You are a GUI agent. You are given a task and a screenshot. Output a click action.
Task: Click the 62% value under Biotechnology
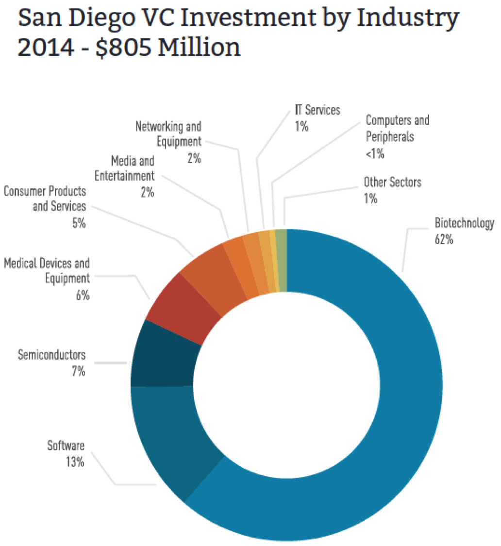tap(444, 239)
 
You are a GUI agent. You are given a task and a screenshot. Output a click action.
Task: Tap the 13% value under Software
tap(75, 462)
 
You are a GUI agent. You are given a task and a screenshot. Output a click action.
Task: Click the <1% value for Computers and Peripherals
tap(375, 154)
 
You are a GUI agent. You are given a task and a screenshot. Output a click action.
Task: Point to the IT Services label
tap(317, 110)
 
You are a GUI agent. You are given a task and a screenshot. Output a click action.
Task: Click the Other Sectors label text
tap(392, 182)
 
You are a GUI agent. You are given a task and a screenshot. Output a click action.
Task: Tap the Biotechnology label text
tap(464, 224)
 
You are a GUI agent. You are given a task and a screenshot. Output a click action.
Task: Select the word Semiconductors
tap(51, 355)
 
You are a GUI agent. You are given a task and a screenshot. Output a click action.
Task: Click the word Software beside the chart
tap(66, 445)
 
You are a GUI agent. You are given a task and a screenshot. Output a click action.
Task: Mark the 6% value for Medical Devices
tap(82, 295)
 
